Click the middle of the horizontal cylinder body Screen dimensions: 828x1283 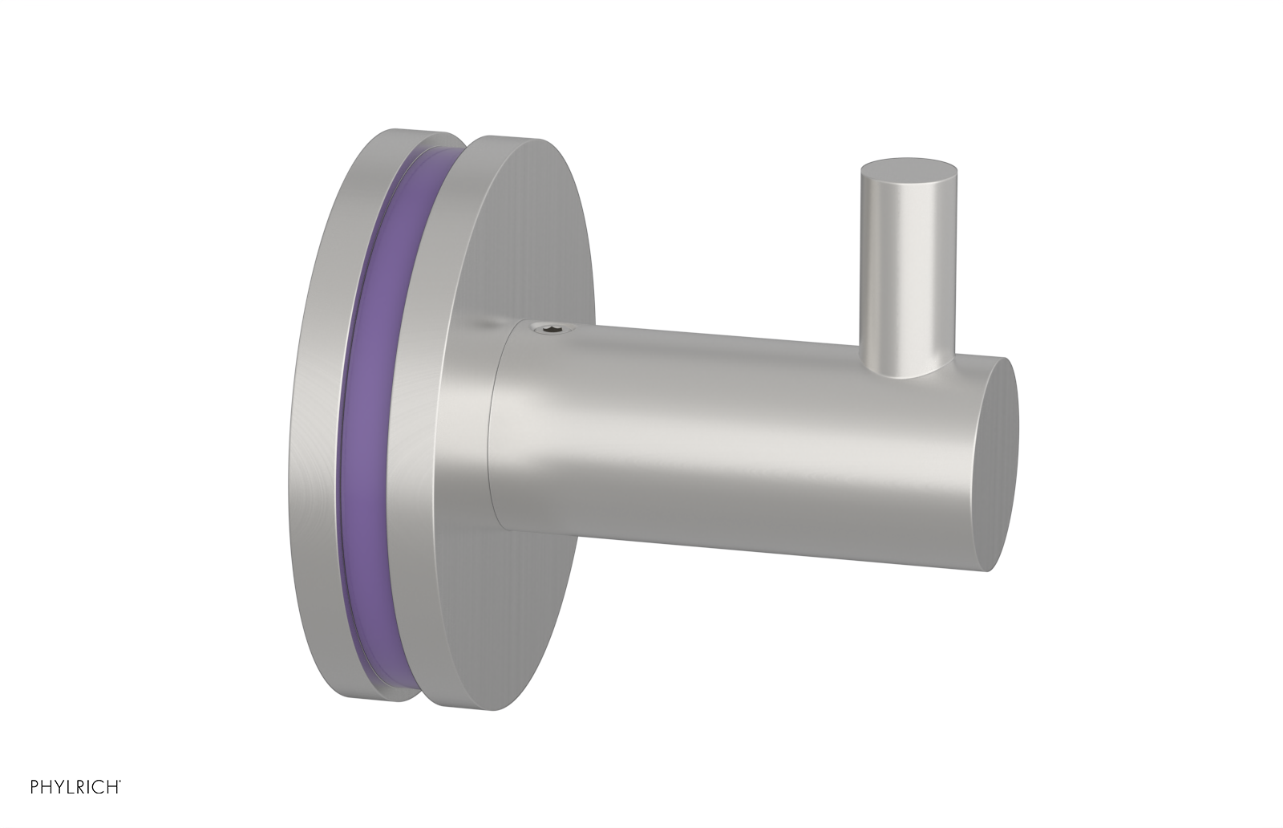738,433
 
